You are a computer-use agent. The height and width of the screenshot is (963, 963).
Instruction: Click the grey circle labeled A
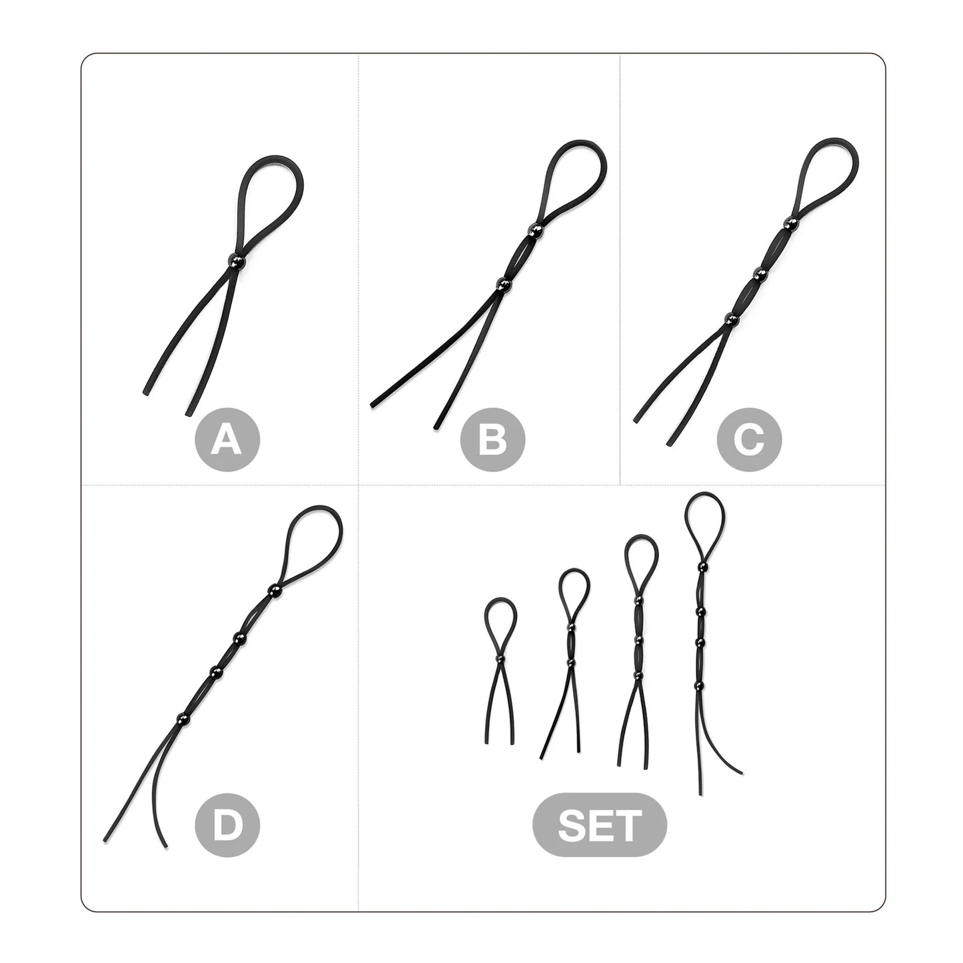pos(227,439)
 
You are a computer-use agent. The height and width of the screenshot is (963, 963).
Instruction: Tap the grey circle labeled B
pos(492,439)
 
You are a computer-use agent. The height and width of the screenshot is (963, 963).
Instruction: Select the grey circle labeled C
pos(749,439)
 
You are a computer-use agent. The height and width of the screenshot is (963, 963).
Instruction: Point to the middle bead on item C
pos(760,273)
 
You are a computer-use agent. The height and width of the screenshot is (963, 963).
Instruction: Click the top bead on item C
pos(790,222)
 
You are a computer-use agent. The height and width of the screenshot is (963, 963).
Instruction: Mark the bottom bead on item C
pos(732,319)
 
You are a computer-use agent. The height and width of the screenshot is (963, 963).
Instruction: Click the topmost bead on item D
pos(274,590)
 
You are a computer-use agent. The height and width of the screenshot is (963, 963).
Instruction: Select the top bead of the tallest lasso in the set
pos(702,566)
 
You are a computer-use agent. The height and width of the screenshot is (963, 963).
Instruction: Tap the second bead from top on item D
pos(239,637)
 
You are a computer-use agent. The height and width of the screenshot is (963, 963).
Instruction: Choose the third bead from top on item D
pos(215,672)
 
